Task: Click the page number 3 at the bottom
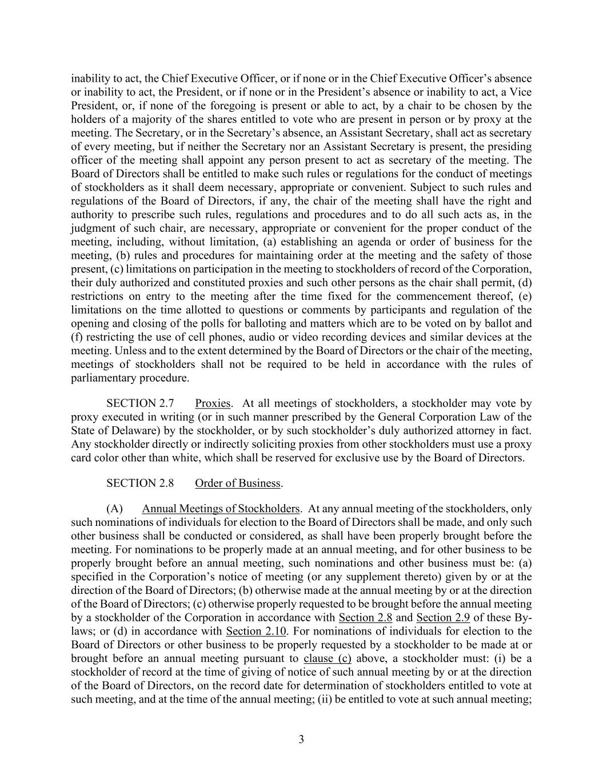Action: click(x=301, y=739)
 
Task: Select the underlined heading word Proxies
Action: click(x=213, y=403)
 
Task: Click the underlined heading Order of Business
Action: click(x=238, y=483)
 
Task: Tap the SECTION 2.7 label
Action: click(x=140, y=403)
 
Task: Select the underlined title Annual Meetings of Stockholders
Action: click(x=221, y=509)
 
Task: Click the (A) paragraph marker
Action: click(x=115, y=509)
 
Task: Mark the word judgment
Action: click(x=94, y=228)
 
